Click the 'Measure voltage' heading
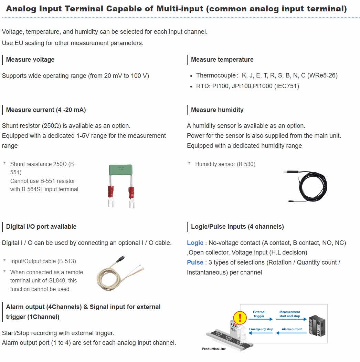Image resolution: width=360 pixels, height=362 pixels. click(x=30, y=60)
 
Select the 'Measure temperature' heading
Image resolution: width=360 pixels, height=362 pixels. click(x=222, y=60)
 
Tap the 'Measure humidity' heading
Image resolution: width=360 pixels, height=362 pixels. click(x=217, y=110)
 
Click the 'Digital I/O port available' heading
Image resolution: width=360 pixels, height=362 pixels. click(x=41, y=227)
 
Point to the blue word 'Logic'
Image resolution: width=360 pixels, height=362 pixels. click(x=195, y=243)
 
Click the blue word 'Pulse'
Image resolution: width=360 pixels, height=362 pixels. click(x=195, y=262)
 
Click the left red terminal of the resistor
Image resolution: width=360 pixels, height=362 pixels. click(x=111, y=191)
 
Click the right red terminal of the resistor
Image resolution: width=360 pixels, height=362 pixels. click(x=131, y=191)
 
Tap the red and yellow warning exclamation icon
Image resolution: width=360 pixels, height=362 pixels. click(x=240, y=317)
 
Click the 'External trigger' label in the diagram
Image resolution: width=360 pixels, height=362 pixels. click(x=259, y=314)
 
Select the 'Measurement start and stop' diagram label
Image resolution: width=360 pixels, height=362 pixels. click(x=289, y=314)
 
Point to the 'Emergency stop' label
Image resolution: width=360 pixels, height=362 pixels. click(x=261, y=329)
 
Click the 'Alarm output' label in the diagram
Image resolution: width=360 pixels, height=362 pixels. click(x=292, y=329)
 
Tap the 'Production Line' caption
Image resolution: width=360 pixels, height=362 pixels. click(x=214, y=349)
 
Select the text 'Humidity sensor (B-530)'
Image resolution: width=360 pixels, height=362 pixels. click(x=225, y=164)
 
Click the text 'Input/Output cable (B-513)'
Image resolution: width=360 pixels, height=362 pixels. click(x=43, y=261)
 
